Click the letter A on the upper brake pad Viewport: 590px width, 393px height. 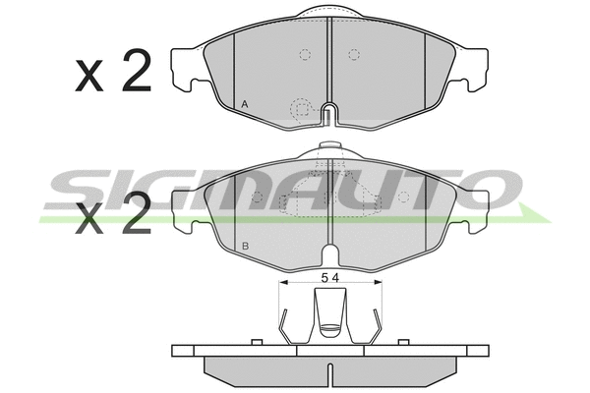point(244,104)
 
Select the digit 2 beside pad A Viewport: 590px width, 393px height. point(135,74)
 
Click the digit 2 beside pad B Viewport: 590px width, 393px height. point(135,214)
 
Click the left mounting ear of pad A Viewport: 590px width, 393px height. point(184,70)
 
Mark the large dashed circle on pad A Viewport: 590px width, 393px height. point(301,107)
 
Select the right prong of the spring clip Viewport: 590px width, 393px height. point(377,324)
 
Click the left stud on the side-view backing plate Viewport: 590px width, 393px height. point(255,342)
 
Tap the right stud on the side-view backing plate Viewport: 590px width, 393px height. point(402,342)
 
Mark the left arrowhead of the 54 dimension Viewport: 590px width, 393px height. point(283,280)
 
